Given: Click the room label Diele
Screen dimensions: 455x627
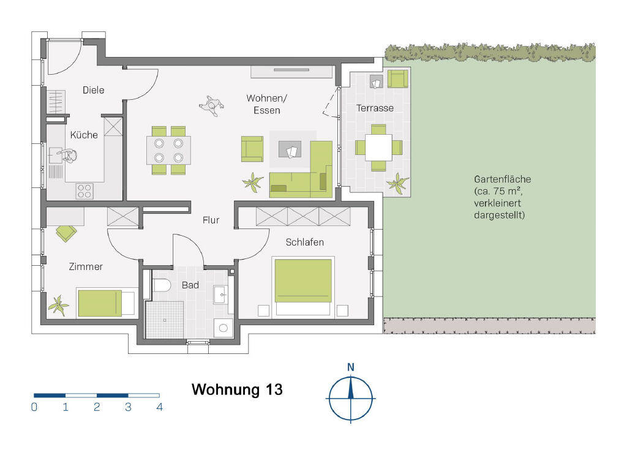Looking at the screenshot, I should [x=93, y=90].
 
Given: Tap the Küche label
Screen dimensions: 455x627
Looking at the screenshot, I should [x=84, y=135].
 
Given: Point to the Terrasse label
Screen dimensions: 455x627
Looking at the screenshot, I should [x=375, y=108].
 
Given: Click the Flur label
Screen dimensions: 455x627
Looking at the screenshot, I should [x=211, y=220].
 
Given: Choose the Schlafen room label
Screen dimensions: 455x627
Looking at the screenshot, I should [x=304, y=242].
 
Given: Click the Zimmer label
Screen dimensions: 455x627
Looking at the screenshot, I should [x=86, y=266].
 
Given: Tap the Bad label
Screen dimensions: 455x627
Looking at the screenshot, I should [x=190, y=285].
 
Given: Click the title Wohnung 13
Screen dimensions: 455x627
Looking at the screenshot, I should [x=237, y=389].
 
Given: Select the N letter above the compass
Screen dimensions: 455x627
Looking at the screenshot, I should [x=351, y=367].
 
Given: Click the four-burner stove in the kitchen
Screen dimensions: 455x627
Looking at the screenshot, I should [x=84, y=190].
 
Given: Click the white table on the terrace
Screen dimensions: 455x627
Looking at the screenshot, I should [x=379, y=148].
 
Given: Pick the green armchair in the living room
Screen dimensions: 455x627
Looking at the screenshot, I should [x=252, y=149].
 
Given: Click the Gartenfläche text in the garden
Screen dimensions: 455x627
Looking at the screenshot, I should [x=502, y=179].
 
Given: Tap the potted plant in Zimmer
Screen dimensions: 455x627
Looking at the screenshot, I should [x=59, y=304].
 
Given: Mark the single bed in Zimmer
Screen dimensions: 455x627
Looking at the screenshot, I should [x=105, y=303].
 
